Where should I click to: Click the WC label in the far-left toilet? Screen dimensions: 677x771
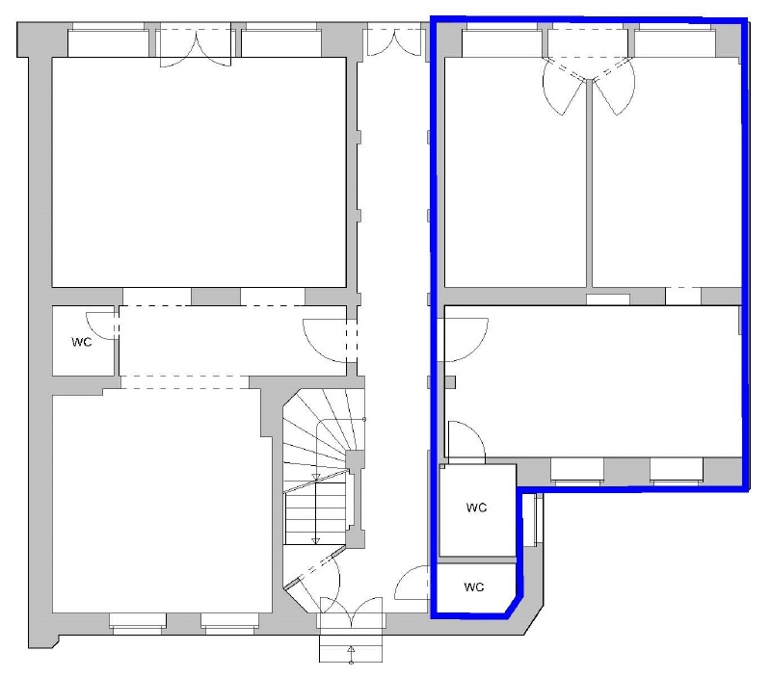coord(81,342)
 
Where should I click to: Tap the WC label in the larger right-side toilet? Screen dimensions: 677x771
coord(477,507)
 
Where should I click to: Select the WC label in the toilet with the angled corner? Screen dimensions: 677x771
coord(475,586)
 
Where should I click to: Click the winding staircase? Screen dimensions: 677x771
coord(321,462)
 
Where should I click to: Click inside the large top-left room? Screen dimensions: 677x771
coord(198,173)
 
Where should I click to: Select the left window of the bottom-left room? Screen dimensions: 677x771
coord(136,622)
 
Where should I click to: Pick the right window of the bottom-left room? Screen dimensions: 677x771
coord(227,622)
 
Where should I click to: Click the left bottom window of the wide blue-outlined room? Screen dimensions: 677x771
coord(577,470)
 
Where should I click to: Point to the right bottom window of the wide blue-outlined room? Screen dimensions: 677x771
coord(676,470)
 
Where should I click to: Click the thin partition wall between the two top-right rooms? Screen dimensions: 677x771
coord(589,193)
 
